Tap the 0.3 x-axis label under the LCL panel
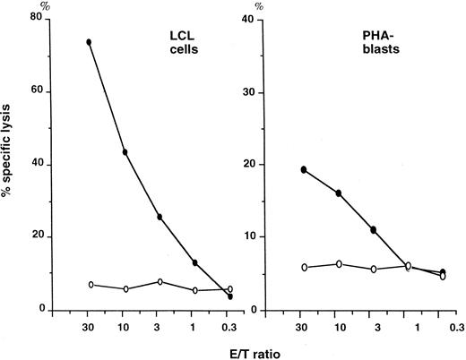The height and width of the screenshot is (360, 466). tap(229, 328)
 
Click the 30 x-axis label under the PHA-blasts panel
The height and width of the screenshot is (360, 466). tap(304, 328)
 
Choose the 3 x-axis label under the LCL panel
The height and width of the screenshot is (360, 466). tap(160, 328)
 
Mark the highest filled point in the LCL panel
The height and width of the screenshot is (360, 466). tap(89, 42)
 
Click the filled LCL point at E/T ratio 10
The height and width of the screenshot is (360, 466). tap(125, 152)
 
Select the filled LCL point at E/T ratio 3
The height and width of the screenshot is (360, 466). tap(160, 217)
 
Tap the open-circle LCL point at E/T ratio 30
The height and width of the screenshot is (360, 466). tap(90, 284)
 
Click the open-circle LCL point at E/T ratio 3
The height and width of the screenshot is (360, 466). tap(160, 281)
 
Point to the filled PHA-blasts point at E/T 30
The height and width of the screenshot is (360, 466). tap(304, 169)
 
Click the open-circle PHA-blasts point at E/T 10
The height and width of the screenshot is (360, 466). tap(338, 263)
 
